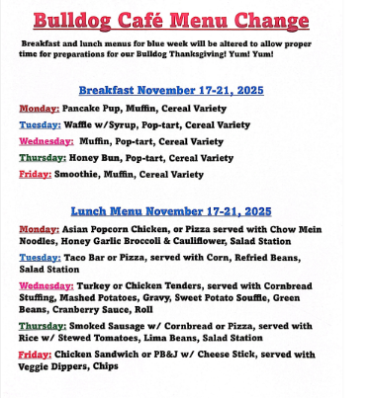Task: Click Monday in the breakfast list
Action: coord(40,108)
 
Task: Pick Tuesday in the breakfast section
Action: coord(41,124)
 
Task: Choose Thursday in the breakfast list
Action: coord(43,157)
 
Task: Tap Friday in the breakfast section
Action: coord(36,174)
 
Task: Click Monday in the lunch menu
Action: coord(40,229)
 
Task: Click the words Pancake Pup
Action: coord(93,108)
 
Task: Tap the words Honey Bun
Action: coord(98,157)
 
